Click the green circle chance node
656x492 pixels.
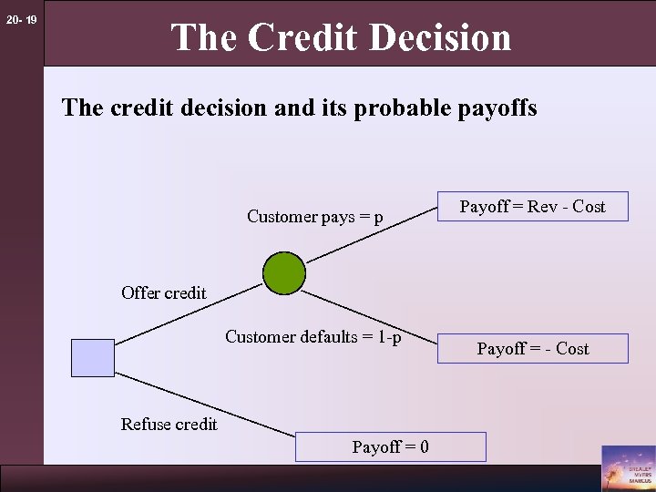click(x=284, y=272)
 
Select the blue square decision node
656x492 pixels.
click(x=93, y=357)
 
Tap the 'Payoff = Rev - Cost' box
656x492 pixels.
click(x=533, y=207)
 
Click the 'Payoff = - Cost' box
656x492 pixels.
click(x=533, y=349)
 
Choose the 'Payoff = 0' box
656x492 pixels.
click(x=391, y=446)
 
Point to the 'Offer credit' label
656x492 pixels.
click(x=164, y=293)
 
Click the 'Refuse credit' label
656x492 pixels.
click(x=169, y=424)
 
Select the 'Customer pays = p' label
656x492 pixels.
click(x=315, y=217)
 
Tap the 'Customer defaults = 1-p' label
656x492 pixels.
click(x=313, y=337)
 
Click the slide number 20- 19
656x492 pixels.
click(x=21, y=19)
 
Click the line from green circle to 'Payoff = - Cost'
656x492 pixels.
click(x=369, y=318)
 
